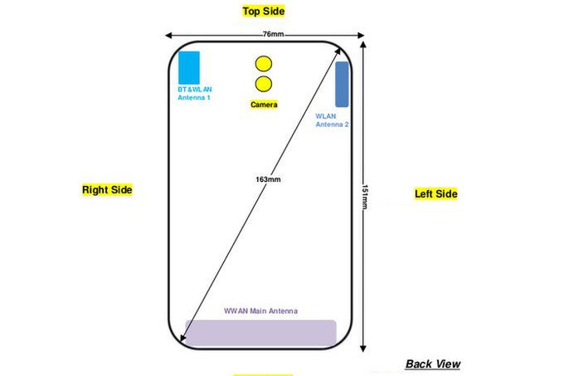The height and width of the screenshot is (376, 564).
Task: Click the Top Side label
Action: [x=263, y=11]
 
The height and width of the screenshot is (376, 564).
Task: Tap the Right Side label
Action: [x=107, y=190]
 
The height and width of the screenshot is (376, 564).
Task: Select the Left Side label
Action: [x=435, y=194]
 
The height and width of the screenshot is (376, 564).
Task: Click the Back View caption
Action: [x=433, y=364]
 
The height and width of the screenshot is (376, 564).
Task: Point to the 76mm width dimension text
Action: [x=272, y=34]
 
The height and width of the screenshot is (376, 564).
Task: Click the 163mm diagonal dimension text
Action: [x=270, y=179]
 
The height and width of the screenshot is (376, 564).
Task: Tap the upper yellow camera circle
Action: [x=264, y=63]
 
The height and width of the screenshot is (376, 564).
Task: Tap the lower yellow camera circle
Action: [x=264, y=83]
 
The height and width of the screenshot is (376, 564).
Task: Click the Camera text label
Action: [x=264, y=105]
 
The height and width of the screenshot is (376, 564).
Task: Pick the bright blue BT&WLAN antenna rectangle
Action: [x=189, y=67]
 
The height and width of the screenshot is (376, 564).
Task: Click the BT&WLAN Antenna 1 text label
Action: [x=194, y=93]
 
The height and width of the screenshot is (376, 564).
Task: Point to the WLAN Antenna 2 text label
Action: [x=332, y=120]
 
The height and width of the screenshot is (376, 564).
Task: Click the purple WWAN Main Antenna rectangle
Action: [x=260, y=332]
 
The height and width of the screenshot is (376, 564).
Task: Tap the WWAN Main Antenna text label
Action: [x=260, y=311]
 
